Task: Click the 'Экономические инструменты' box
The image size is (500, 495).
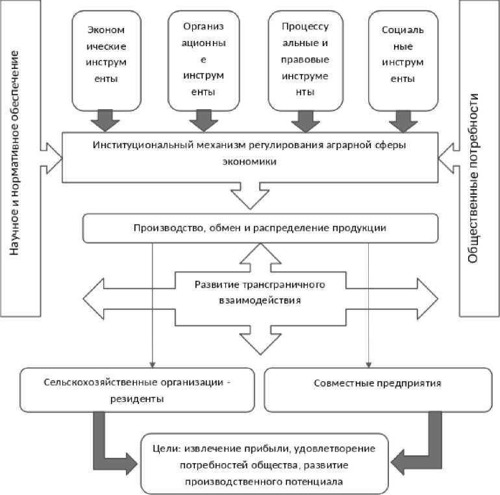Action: click(105, 60)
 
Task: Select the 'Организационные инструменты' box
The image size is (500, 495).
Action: click(203, 60)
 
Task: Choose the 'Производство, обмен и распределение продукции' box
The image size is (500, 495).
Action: click(260, 227)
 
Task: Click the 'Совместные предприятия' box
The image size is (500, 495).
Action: click(377, 383)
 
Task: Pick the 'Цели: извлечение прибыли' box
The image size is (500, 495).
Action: click(266, 464)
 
